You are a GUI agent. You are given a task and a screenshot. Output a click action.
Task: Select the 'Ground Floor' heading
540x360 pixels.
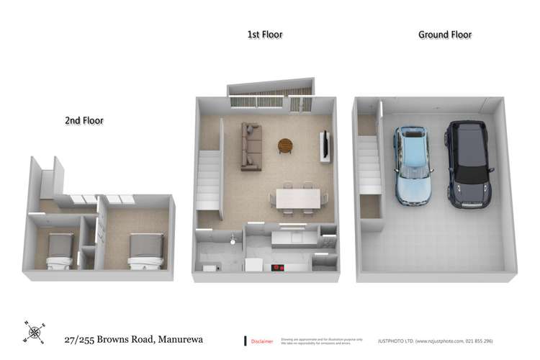445,34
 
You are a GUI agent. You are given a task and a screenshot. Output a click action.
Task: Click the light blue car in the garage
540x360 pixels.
413,164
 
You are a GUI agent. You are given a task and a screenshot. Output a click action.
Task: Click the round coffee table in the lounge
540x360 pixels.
285,145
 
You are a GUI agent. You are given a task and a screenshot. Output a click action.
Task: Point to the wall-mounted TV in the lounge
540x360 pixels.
326,146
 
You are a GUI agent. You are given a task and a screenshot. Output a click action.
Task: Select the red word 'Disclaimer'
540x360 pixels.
261,341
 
